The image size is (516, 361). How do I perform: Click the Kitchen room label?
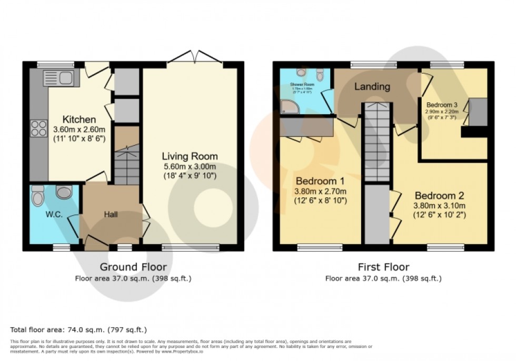pyautogui.click(x=79, y=119)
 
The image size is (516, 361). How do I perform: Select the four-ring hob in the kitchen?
pyautogui.click(x=39, y=128)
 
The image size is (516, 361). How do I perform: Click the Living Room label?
pyautogui.click(x=189, y=156)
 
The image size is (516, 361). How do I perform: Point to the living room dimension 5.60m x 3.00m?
pyautogui.click(x=189, y=166)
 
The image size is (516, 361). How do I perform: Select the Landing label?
pyautogui.click(x=372, y=86)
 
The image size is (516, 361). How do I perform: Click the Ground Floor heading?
pyautogui.click(x=133, y=267)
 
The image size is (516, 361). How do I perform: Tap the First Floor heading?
pyautogui.click(x=383, y=267)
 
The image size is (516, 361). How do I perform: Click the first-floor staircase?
pyautogui.click(x=376, y=142)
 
